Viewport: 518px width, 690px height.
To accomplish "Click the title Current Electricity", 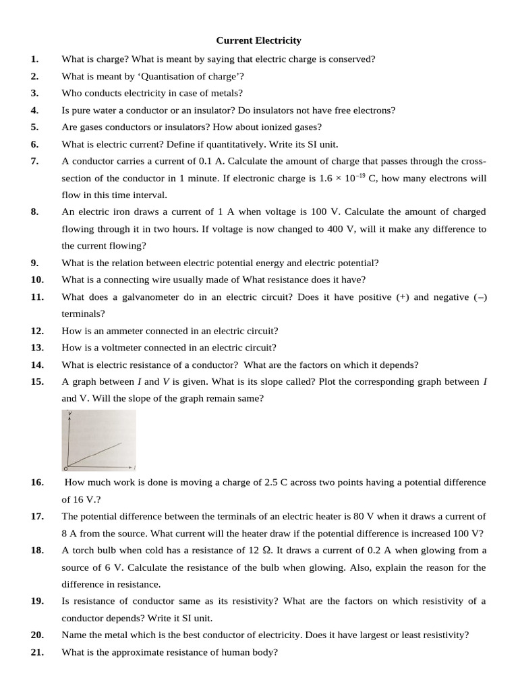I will (259, 41).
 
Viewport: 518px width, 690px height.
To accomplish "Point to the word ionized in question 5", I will (266, 127).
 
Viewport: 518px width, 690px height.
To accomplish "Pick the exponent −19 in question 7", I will (359, 175).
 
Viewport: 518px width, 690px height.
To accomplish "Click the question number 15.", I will (37, 381).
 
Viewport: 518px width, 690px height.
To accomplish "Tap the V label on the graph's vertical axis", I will (69, 412).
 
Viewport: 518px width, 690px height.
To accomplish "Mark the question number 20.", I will (37, 635).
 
